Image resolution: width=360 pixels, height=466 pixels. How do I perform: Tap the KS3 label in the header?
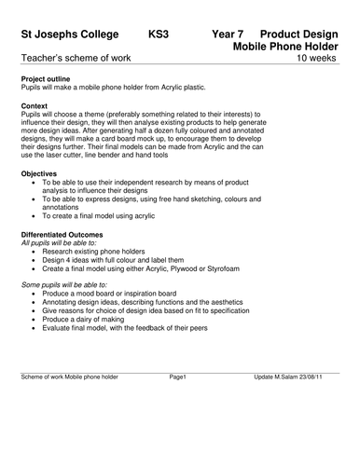click(159, 34)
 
